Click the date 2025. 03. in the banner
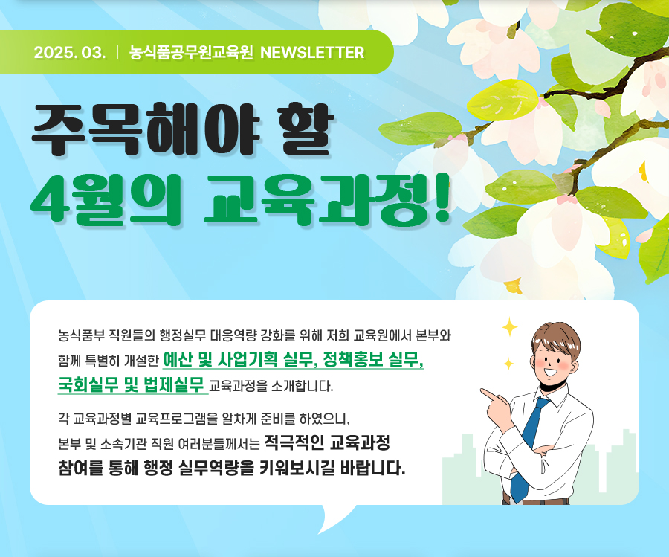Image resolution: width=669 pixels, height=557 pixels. (70, 53)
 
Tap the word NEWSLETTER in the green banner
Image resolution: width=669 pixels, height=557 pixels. (312, 53)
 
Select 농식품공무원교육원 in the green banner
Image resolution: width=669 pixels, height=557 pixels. (191, 53)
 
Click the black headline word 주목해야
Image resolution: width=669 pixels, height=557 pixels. (146, 129)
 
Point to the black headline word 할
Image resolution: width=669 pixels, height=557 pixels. (306, 129)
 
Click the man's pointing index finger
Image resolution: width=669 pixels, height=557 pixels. (489, 393)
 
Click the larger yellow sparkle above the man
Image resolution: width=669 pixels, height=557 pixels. (509, 328)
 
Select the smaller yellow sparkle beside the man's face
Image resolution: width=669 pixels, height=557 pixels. (508, 364)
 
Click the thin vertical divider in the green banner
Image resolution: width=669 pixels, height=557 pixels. (117, 53)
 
